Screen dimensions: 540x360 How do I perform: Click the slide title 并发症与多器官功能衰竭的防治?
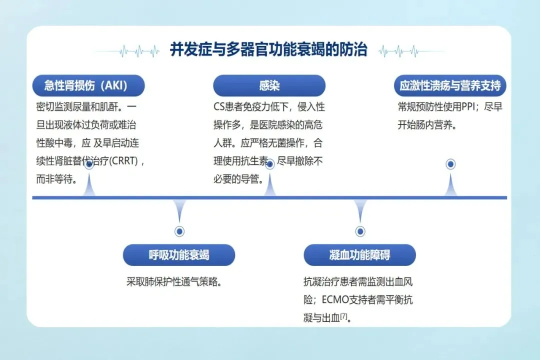point(269,50)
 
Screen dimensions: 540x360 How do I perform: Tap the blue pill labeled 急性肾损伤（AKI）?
point(88,85)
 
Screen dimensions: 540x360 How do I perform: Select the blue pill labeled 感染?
point(269,85)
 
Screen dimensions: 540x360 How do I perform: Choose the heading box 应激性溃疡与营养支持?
point(450,85)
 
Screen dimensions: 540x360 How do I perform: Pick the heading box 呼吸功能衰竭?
point(179,255)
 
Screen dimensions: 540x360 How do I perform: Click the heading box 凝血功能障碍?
point(359,255)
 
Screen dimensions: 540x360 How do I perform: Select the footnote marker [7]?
point(343,316)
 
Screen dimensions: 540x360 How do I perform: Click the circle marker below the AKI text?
point(89,164)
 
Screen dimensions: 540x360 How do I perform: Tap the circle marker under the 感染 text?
point(269,164)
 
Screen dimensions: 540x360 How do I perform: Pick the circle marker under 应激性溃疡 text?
point(450,164)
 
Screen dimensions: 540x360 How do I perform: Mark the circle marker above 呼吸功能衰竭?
point(179,231)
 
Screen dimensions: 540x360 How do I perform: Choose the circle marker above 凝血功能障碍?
point(360,231)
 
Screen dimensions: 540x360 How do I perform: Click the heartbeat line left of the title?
point(127,50)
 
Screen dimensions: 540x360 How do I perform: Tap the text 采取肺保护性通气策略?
point(173,281)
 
